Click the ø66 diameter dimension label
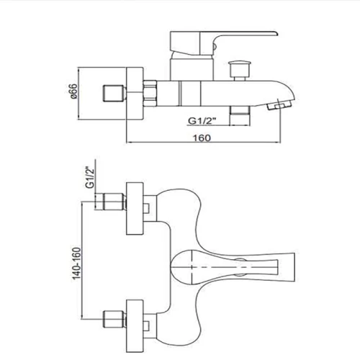[73, 91]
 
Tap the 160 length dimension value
[202, 138]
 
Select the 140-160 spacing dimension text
[77, 264]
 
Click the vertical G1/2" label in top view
[90, 178]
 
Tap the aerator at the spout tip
[279, 105]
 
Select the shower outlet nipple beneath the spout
[240, 115]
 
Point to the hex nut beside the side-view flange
[150, 94]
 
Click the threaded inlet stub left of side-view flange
[114, 93]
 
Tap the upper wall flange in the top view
[135, 208]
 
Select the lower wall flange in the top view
[135, 326]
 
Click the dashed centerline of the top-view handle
[225, 267]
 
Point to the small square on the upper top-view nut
[146, 208]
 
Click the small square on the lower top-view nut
[146, 325]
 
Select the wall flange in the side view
[135, 93]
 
